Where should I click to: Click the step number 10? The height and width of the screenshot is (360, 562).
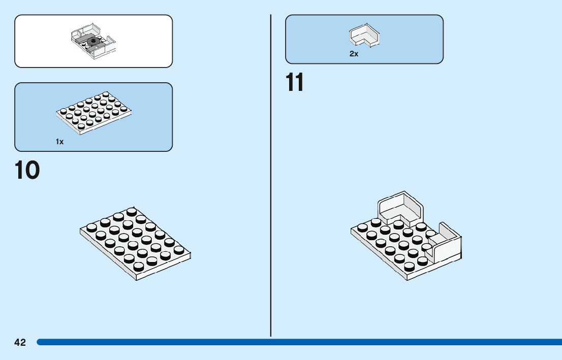[27, 171]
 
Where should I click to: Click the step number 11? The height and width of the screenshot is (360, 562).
[295, 83]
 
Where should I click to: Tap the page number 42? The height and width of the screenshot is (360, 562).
[20, 343]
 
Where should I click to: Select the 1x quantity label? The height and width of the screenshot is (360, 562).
[60, 142]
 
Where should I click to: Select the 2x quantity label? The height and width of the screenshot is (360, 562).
[354, 54]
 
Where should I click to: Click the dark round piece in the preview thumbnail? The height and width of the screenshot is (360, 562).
[93, 42]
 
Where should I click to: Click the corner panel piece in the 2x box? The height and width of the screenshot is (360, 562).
[364, 36]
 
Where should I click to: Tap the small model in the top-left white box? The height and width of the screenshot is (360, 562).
[93, 40]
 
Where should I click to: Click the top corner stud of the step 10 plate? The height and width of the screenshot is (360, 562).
[132, 211]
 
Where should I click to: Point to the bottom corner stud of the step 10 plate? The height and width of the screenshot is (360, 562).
[139, 267]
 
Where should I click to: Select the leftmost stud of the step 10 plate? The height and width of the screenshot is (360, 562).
[92, 227]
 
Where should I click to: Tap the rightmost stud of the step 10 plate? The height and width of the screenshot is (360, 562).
[178, 250]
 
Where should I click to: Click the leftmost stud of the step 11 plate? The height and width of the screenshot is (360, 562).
[363, 227]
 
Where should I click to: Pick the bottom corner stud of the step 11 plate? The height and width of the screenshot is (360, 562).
[410, 266]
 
